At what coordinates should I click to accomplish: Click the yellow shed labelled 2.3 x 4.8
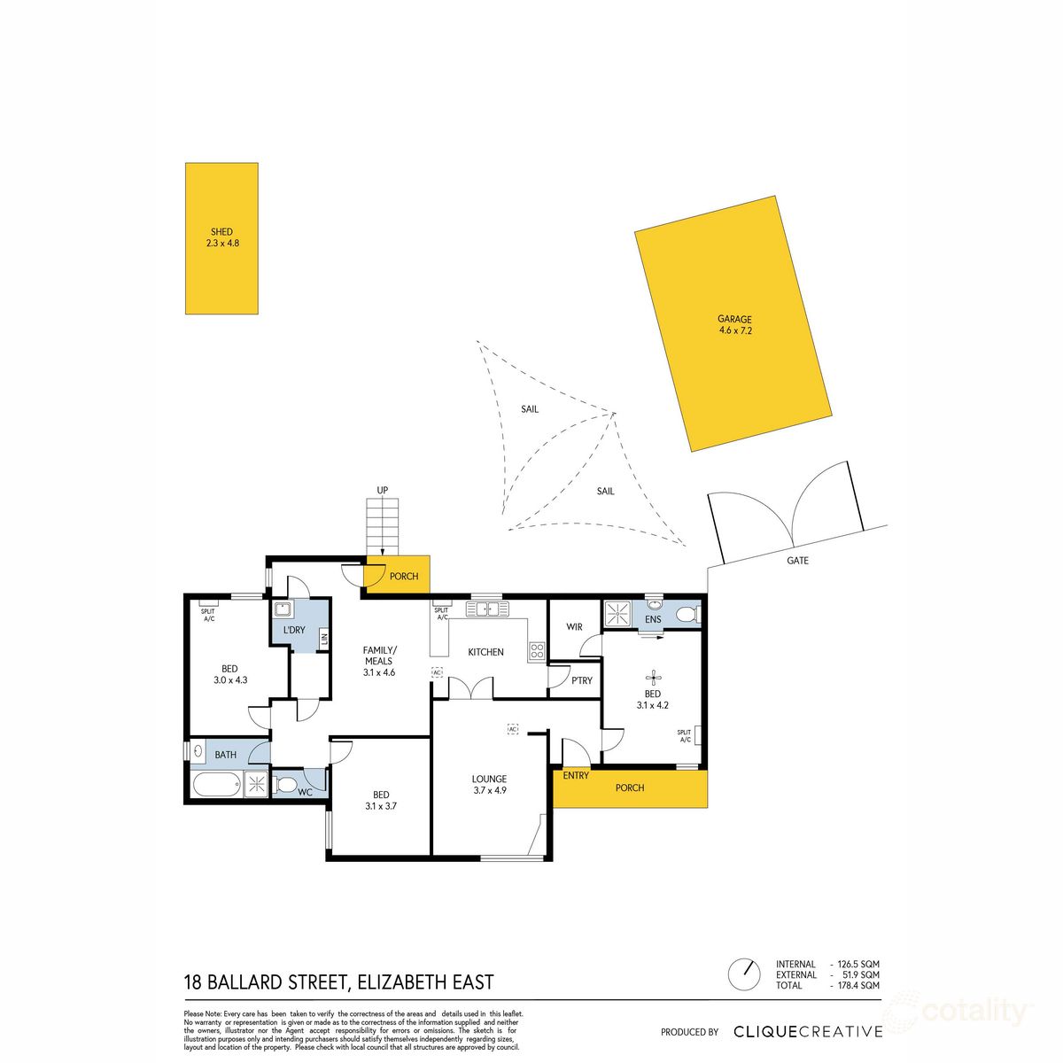coord(221,237)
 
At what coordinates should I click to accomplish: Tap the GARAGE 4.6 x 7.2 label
coord(734,325)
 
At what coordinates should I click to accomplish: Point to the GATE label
coord(797,561)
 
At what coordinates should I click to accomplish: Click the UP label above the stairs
coord(383,490)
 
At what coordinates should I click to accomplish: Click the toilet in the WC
coord(286,784)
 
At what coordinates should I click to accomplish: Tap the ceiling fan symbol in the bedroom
coord(653,679)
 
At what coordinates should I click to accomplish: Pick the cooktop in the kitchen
coord(537,651)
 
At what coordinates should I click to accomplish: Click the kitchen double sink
coord(488,609)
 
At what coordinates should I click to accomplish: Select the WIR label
coord(574,627)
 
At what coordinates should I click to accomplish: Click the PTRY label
coord(582,680)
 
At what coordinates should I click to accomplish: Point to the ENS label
coord(653,619)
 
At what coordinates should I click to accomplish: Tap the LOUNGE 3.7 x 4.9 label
coord(488,785)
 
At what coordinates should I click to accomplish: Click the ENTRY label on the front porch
coord(576,776)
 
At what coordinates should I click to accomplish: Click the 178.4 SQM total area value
coord(858,985)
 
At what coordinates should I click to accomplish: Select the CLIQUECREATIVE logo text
coord(808,1031)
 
